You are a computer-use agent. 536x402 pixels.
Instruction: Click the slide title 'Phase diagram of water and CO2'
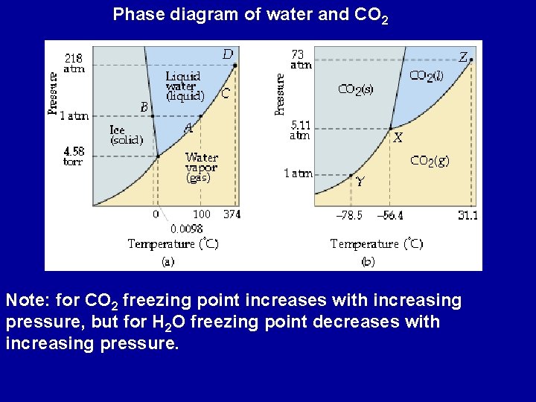[250, 14]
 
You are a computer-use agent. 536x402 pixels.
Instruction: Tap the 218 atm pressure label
[74, 63]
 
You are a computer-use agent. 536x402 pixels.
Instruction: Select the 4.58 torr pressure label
[74, 156]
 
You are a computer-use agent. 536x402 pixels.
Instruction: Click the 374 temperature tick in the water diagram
[232, 214]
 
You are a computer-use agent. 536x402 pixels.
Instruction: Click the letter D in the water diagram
[228, 54]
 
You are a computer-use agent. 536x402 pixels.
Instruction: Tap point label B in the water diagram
[144, 107]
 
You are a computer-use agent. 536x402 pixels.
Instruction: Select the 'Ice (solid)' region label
[127, 135]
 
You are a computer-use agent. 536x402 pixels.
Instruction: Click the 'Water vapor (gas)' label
[201, 167]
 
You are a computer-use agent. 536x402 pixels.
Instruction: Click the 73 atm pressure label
[300, 59]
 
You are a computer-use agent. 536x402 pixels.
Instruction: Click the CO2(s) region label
[356, 89]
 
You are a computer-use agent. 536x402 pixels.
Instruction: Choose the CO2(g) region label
[430, 160]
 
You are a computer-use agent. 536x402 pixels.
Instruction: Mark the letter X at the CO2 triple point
[398, 138]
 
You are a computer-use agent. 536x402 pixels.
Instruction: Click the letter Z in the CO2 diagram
[463, 57]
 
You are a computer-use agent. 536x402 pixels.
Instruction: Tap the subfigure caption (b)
[368, 261]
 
